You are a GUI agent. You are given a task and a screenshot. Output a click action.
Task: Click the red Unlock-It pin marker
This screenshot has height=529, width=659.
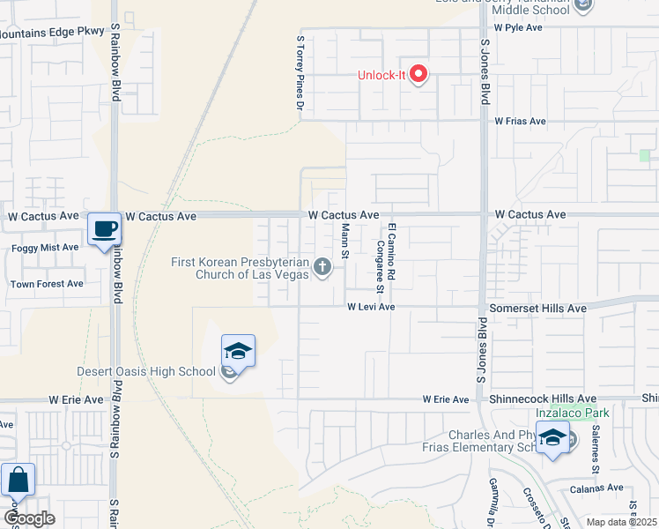coord(418,74)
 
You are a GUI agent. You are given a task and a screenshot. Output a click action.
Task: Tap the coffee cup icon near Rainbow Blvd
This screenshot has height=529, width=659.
coord(104,228)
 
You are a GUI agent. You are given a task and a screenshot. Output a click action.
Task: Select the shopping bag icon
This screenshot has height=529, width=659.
coord(18,481)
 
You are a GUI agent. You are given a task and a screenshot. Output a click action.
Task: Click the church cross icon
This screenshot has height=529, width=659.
coord(322,267)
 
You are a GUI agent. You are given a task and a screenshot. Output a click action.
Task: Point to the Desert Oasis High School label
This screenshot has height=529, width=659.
coord(146,371)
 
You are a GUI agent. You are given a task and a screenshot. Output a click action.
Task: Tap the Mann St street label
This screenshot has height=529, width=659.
coord(345,242)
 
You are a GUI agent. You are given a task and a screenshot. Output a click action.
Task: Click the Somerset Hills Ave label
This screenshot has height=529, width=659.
coord(537,309)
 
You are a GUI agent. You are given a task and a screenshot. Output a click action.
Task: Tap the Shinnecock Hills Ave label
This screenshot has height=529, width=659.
coord(543,399)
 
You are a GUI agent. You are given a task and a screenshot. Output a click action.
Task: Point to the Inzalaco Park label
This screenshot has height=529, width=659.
coord(568,413)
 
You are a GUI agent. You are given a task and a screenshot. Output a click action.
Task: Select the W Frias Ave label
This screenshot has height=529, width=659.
coord(520,122)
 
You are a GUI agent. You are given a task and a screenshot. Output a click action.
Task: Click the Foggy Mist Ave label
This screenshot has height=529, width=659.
coord(45,248)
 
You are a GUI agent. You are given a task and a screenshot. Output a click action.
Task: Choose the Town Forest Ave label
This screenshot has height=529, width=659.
coord(46,284)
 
